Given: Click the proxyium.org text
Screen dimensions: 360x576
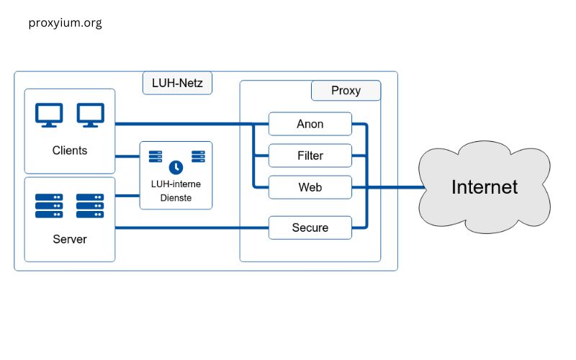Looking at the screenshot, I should pos(65,23).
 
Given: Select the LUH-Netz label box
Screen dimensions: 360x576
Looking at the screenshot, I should pos(177,83).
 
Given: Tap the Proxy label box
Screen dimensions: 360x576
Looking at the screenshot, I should pos(346,91).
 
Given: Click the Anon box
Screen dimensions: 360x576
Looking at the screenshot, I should pos(310,124).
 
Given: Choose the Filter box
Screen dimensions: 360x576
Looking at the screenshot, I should pos(310,156).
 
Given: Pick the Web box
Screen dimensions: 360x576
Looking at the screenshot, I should pos(310,187).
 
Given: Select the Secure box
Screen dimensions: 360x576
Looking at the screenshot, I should pos(310,228).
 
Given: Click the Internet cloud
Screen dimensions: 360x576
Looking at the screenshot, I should pos(484,187).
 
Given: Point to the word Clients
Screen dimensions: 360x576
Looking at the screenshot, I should pos(70,150).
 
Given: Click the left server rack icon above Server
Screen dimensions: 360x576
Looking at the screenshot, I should pos(49,205).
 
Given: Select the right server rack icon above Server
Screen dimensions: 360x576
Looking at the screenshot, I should pos(90,205).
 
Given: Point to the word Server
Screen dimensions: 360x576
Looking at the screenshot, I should pos(70,239).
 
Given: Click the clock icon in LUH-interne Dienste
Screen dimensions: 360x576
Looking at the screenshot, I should pos(176,165).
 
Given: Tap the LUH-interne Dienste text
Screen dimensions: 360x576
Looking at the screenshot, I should pos(176,191).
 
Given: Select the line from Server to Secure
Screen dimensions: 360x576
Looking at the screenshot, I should pos(191,228).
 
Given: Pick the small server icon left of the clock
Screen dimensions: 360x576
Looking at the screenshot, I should pos(155,156).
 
